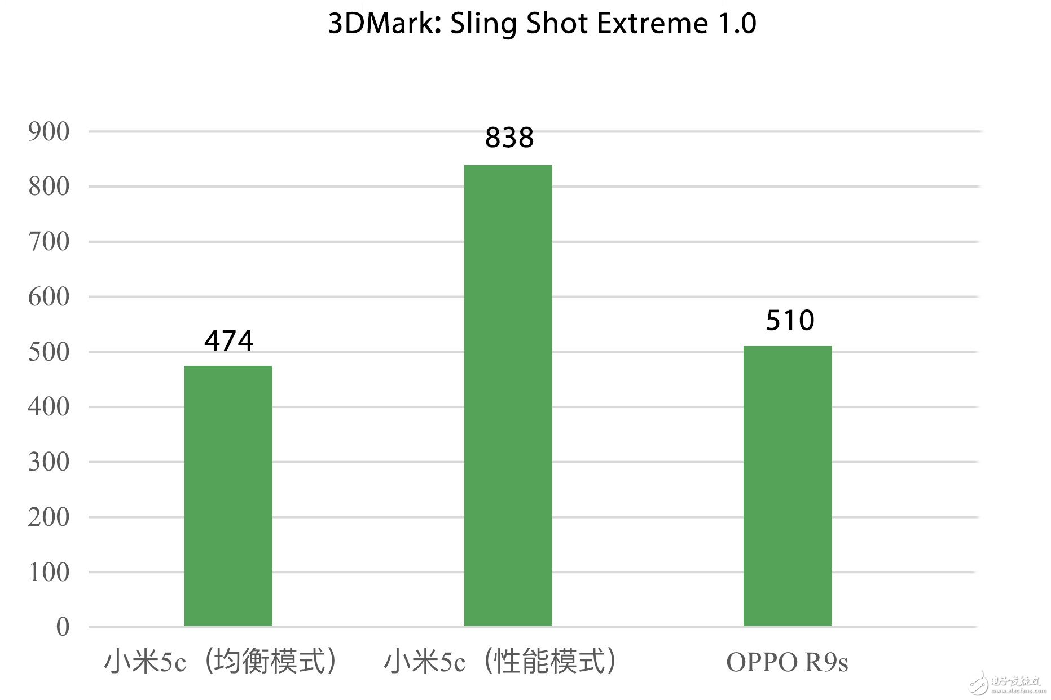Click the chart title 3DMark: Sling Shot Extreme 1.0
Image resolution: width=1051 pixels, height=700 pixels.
pos(542,24)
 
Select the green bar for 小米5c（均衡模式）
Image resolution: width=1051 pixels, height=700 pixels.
pos(228,496)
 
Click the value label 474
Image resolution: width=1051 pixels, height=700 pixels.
pos(228,340)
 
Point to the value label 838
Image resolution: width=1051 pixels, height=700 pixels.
pos(509,138)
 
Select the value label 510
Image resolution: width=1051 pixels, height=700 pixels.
pos(789,320)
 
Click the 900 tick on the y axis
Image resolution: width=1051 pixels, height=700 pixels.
pos(49,132)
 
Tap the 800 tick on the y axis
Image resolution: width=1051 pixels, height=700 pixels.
pos(49,187)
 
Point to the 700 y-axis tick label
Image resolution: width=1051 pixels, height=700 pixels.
pos(49,242)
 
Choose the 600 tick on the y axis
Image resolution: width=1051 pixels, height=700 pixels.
pos(49,297)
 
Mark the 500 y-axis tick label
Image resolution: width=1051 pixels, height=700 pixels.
pos(49,352)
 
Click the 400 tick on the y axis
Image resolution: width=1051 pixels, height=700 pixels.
pos(49,407)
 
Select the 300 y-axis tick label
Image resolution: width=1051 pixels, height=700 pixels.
pos(49,462)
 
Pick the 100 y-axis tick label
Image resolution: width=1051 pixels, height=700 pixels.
pos(49,573)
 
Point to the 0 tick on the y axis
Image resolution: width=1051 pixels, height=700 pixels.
pos(63,627)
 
